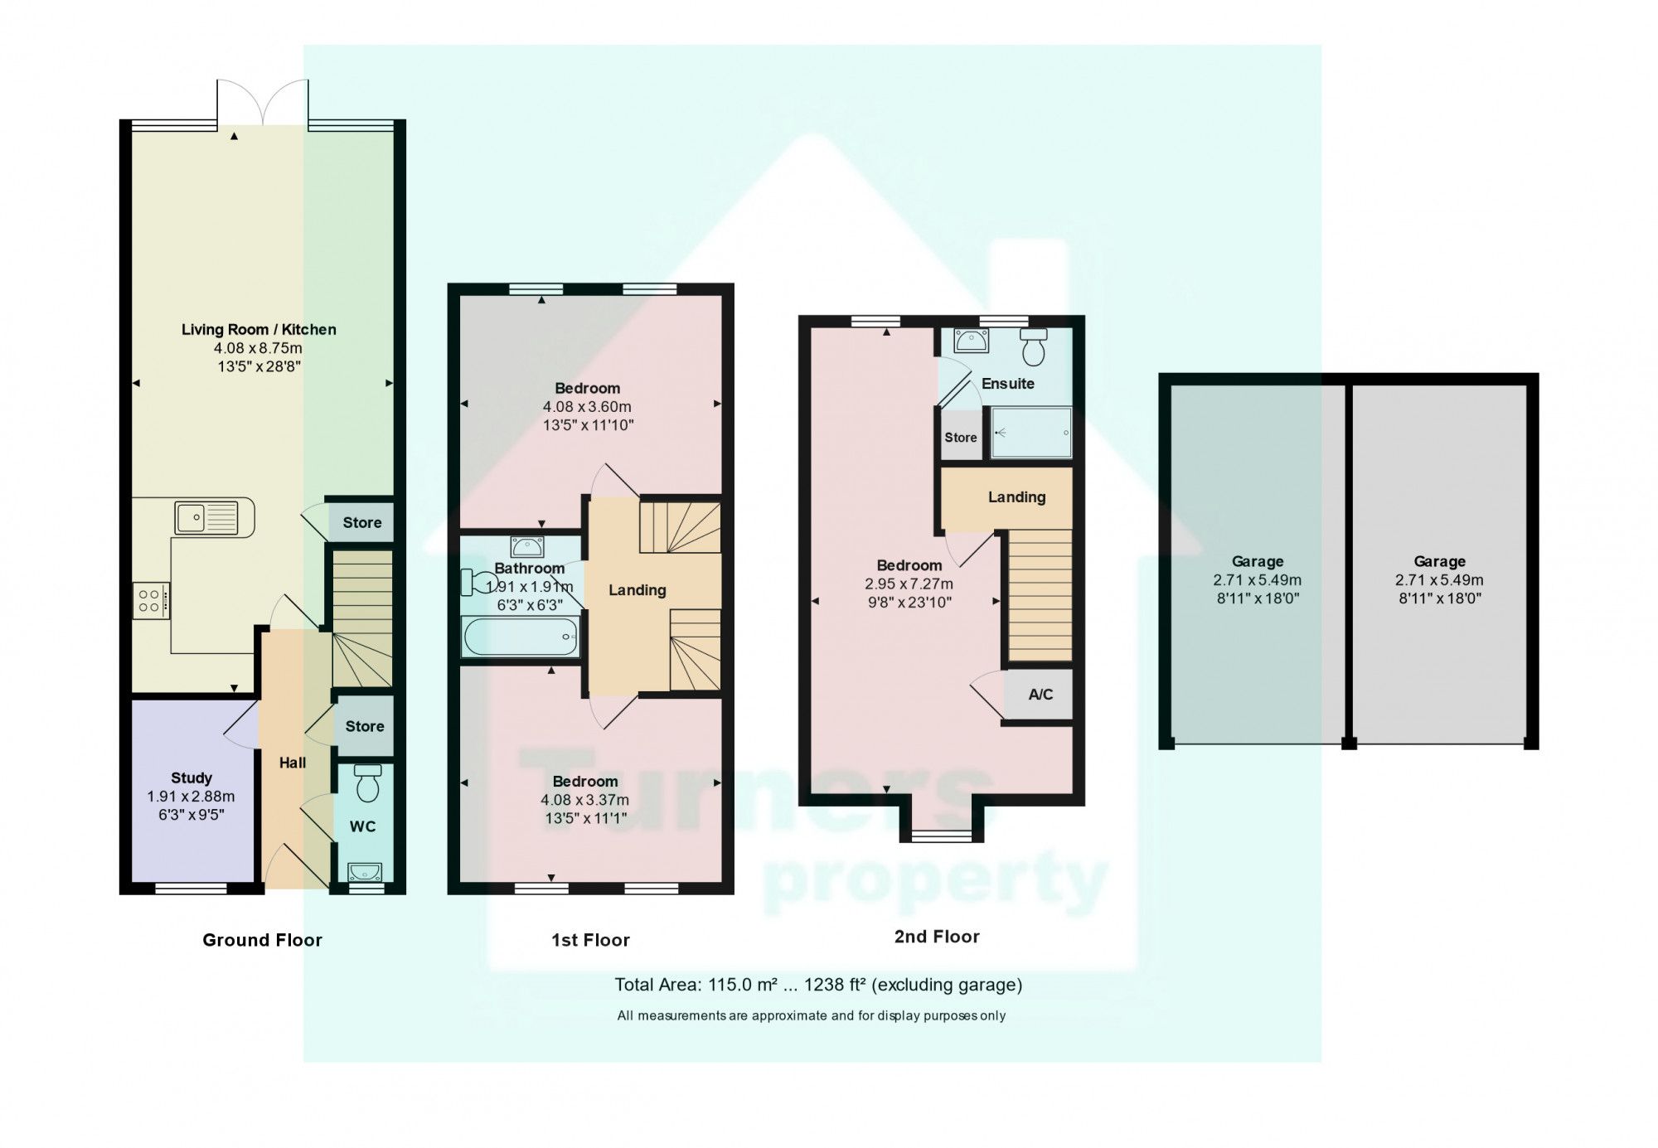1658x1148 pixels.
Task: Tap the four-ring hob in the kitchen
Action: (150, 601)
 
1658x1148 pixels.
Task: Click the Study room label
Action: (191, 777)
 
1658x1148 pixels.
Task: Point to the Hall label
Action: (293, 763)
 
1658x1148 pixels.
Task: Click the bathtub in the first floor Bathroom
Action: (521, 637)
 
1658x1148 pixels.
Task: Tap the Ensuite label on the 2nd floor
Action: (1007, 384)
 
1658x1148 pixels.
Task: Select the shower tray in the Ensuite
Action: (1030, 432)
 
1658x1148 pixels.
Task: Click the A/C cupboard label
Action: (1040, 695)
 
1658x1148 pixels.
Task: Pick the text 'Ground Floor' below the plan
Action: (262, 940)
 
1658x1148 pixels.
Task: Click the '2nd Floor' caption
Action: (937, 937)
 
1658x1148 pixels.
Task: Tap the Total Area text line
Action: (817, 985)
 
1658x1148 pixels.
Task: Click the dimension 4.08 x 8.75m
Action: (258, 348)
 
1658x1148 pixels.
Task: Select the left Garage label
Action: (1257, 561)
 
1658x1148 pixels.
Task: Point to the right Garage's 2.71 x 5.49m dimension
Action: (1439, 580)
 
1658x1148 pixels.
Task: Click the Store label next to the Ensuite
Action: (961, 438)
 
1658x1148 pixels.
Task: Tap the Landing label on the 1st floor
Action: (637, 590)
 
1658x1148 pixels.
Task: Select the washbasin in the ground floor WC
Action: (365, 871)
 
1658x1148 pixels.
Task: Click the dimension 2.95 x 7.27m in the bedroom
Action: (909, 584)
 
